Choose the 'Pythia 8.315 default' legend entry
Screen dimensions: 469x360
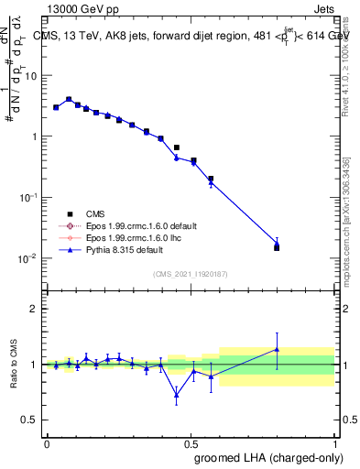pyautogui.click(x=115, y=249)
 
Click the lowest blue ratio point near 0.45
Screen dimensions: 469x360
pyautogui.click(x=177, y=395)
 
